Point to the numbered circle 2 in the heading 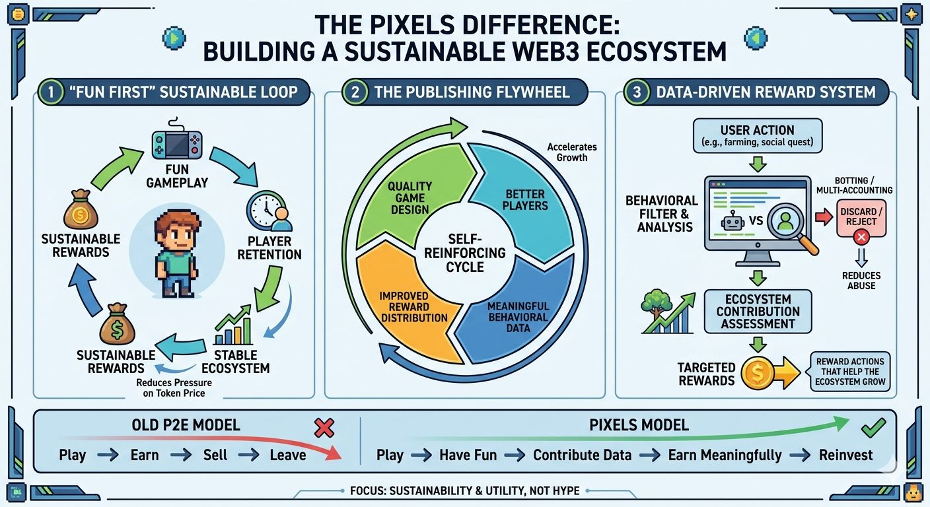(355, 92)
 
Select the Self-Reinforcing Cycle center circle (465, 253)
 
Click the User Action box (758, 135)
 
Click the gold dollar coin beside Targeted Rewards (758, 374)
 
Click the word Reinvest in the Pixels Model (845, 455)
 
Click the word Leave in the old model (287, 455)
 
